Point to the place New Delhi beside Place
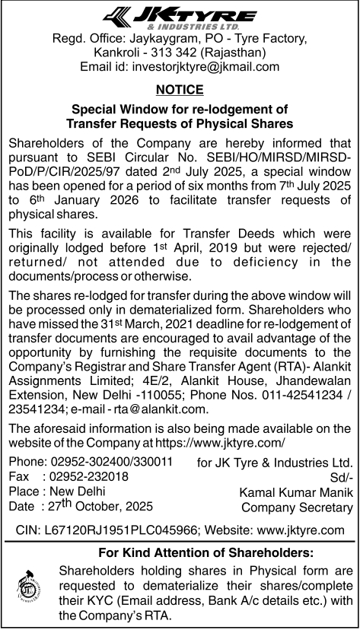tap(75, 491)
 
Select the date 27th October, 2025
tap(98, 505)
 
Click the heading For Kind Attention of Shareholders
tap(206, 552)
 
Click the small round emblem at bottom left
tap(30, 587)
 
